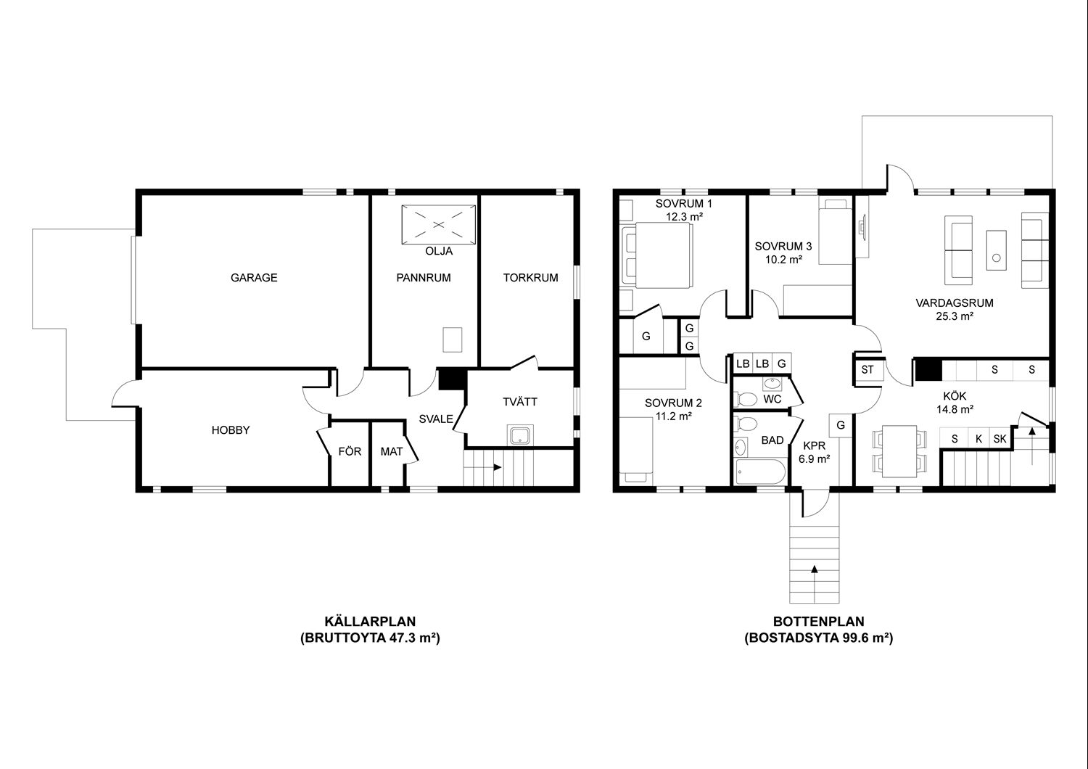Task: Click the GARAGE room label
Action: [x=254, y=278]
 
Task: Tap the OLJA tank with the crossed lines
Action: [x=439, y=224]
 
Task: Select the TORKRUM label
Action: [x=530, y=278]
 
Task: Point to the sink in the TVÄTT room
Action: [x=520, y=435]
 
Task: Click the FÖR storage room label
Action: [x=350, y=451]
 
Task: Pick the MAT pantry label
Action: [x=392, y=452]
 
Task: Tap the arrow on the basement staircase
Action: [x=498, y=467]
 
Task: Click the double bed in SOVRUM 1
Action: [x=656, y=255]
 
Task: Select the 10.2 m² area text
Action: [x=783, y=260]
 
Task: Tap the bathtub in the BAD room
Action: [x=760, y=472]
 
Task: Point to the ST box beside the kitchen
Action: [x=867, y=370]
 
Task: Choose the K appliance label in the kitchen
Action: [x=978, y=439]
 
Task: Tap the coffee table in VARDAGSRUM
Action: [x=996, y=250]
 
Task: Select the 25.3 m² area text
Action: [x=955, y=317]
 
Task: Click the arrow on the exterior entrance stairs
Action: [x=815, y=569]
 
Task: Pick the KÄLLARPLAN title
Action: [x=370, y=621]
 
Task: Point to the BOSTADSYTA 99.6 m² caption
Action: [x=819, y=638]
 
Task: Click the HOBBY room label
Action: [x=231, y=430]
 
